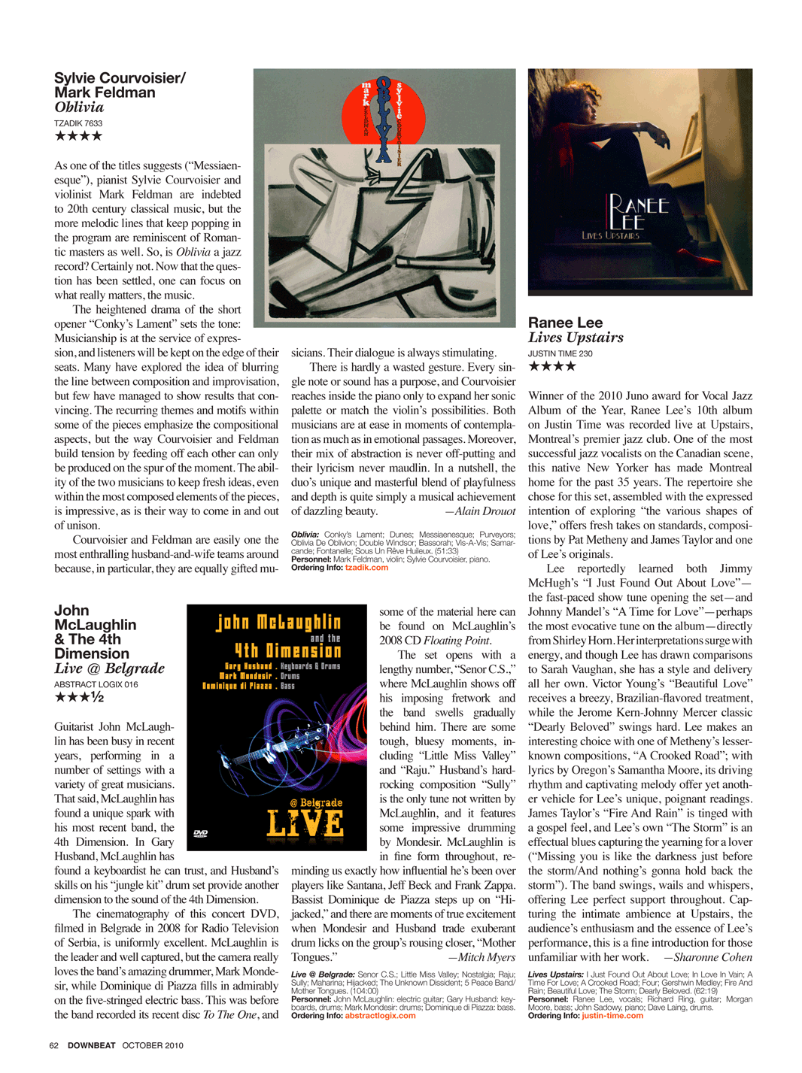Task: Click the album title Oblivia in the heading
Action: [x=79, y=108]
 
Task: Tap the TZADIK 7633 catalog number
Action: [x=78, y=123]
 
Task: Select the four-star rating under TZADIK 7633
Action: [x=78, y=136]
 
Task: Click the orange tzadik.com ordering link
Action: [x=366, y=568]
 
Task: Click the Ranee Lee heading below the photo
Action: [x=565, y=323]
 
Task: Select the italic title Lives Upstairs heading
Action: [x=576, y=338]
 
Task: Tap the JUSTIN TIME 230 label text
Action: [x=560, y=353]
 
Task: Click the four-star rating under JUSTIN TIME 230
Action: [x=552, y=366]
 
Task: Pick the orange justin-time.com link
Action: [x=612, y=1016]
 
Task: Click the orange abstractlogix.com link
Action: [x=380, y=1016]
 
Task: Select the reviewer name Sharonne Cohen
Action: [x=712, y=957]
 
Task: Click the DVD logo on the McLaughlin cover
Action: [x=200, y=833]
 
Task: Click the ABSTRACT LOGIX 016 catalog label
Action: [x=96, y=684]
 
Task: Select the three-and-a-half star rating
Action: [x=79, y=698]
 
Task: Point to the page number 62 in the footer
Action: [x=53, y=1045]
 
